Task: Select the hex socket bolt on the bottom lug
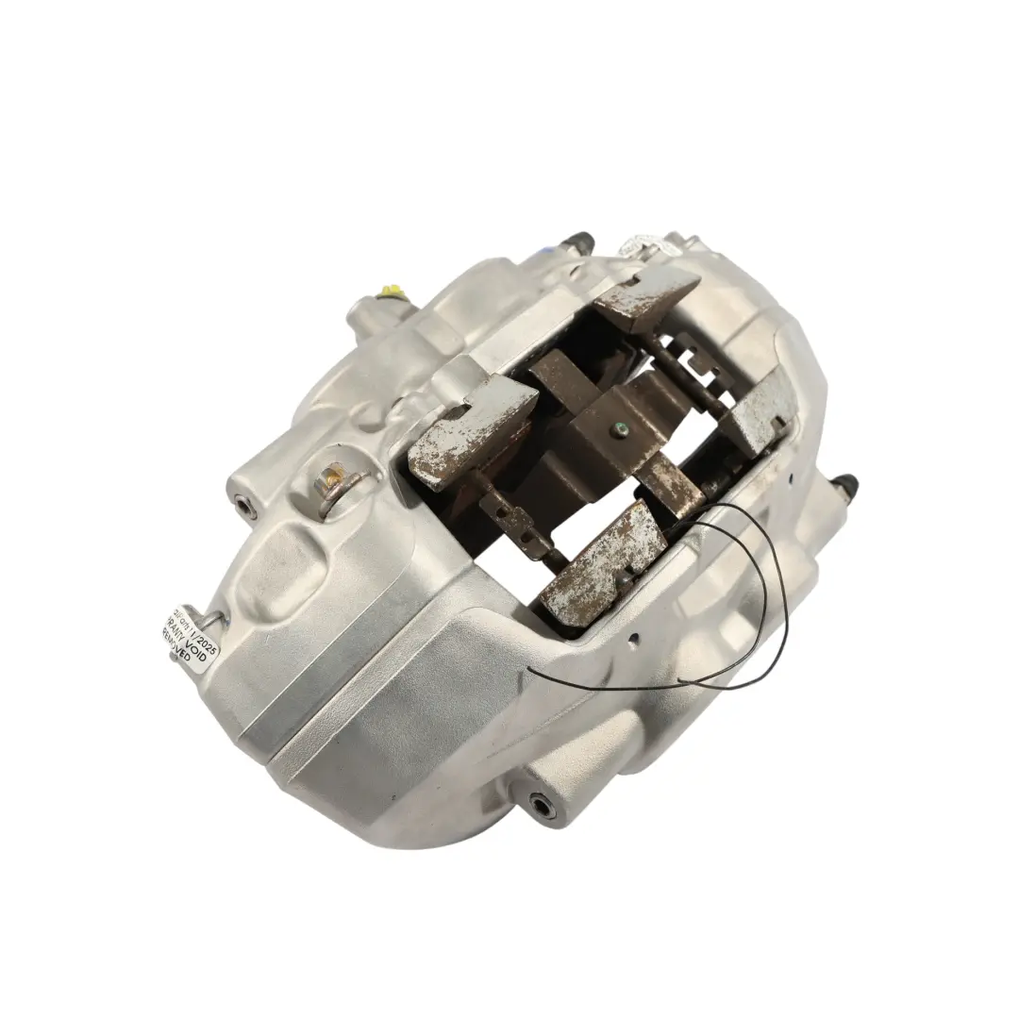click(x=543, y=803)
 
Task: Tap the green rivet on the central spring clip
click(x=618, y=432)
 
